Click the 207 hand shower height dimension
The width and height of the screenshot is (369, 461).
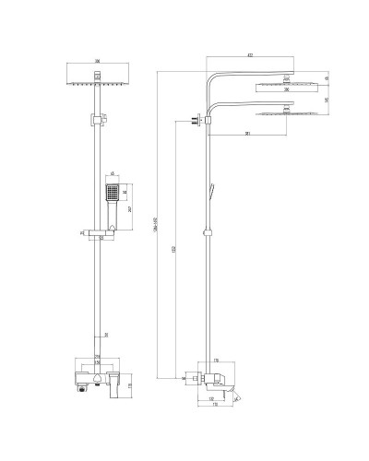click(129, 209)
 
